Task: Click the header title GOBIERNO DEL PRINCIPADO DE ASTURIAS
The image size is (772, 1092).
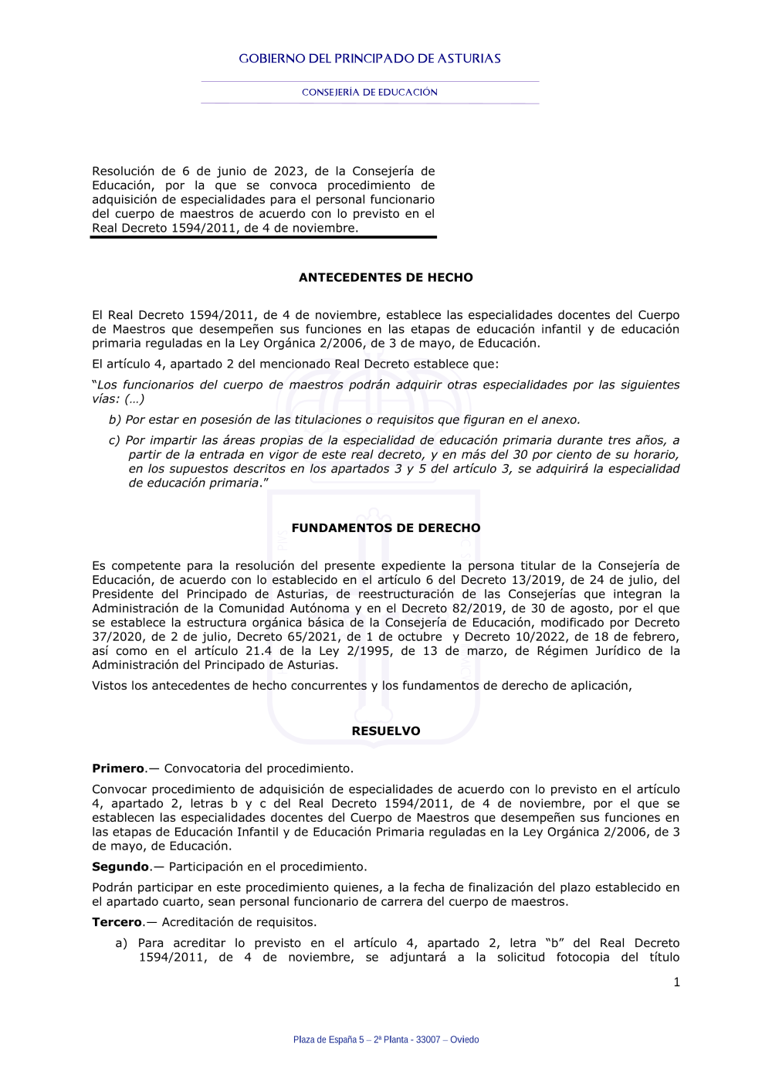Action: click(370, 59)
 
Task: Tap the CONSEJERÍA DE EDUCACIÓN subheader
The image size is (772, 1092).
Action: click(370, 92)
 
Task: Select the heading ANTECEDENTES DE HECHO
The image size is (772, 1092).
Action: click(385, 277)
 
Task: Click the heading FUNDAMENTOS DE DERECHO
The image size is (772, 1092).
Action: click(385, 528)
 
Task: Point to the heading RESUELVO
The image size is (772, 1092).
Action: click(385, 731)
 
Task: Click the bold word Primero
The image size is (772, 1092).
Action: click(117, 768)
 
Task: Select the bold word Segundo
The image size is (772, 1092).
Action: click(120, 866)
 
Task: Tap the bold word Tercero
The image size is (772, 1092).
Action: click(117, 922)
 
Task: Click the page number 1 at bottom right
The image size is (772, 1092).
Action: click(676, 982)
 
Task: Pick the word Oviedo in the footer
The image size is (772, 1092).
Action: click(464, 1039)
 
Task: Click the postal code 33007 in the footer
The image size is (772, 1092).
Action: click(428, 1039)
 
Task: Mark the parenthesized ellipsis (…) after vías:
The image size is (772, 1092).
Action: click(134, 399)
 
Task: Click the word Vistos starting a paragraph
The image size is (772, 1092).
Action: click(110, 686)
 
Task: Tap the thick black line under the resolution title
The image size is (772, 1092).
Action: click(263, 237)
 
